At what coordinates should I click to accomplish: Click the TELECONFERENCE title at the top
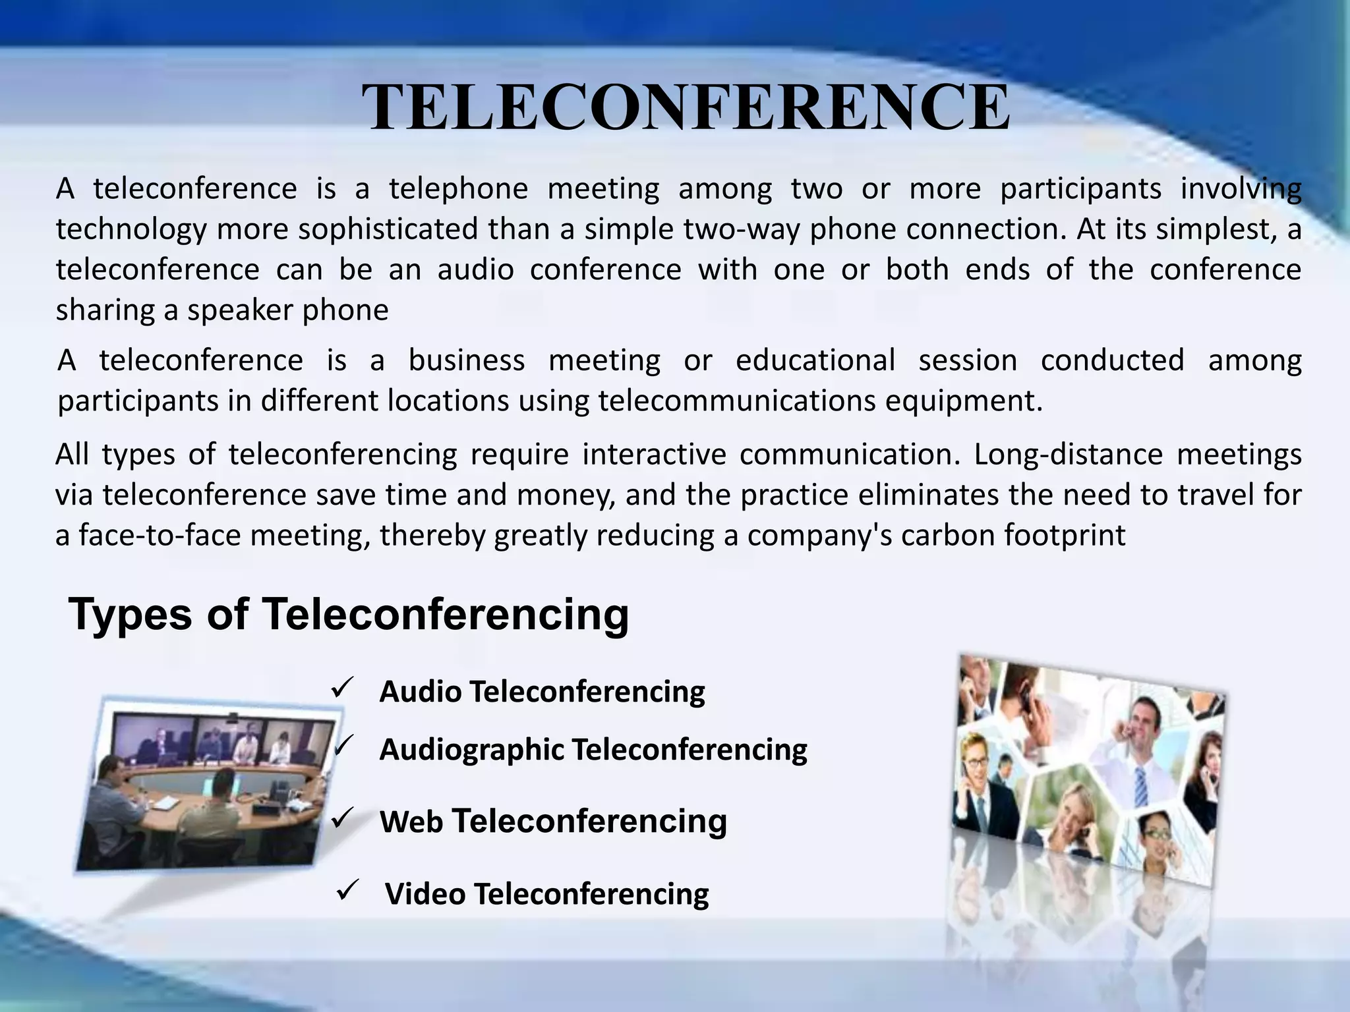pyautogui.click(x=686, y=107)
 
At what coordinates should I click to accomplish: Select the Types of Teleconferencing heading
pyautogui.click(x=348, y=614)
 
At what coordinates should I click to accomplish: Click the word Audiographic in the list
pyautogui.click(x=471, y=750)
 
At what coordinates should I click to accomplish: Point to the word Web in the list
pyautogui.click(x=411, y=822)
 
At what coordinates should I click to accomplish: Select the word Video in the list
pyautogui.click(x=425, y=894)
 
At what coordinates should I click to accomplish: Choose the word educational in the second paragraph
pyautogui.click(x=815, y=360)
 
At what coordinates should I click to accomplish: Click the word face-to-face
pyautogui.click(x=160, y=535)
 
